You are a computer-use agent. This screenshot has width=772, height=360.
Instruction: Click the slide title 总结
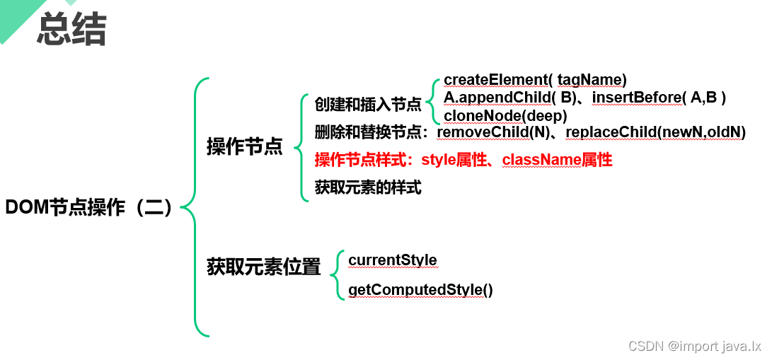[71, 29]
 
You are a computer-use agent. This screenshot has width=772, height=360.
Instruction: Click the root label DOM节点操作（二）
[89, 207]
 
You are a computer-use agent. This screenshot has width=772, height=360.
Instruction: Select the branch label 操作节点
[244, 146]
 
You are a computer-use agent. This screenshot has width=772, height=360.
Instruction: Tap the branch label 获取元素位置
[263, 267]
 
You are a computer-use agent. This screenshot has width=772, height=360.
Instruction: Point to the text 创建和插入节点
[368, 105]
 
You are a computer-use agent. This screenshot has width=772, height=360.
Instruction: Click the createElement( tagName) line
[535, 80]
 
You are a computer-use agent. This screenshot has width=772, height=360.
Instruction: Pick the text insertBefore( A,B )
[659, 97]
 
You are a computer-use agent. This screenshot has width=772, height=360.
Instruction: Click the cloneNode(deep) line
[505, 115]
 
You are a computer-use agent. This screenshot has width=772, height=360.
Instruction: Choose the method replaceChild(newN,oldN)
[655, 132]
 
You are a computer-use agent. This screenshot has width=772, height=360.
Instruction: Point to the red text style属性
[453, 161]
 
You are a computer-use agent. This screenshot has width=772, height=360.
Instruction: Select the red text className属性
[557, 161]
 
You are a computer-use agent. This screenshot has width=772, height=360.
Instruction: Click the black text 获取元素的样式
[368, 188]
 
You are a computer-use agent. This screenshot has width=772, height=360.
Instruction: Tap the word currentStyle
[393, 260]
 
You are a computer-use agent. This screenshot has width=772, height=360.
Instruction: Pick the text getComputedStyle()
[420, 290]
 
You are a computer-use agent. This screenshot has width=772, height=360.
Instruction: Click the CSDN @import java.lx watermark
[694, 346]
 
